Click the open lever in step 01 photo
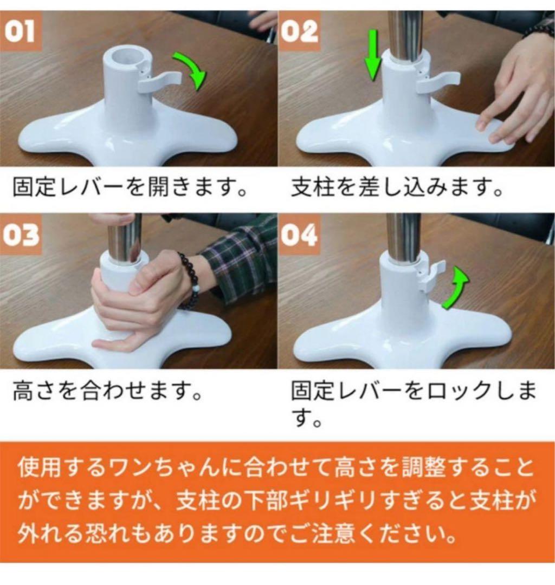point(160,81)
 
